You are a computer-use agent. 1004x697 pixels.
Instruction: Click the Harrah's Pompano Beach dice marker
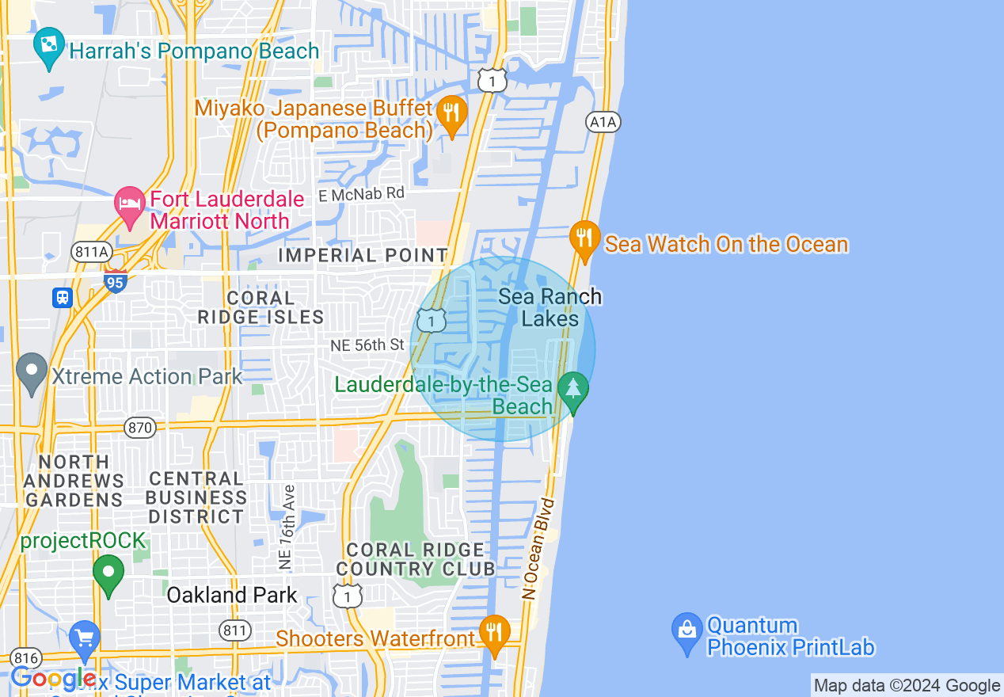pos(49,46)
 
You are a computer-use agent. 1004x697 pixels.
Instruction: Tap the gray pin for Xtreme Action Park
pos(32,371)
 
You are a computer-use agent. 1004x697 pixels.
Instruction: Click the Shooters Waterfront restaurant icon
pos(495,633)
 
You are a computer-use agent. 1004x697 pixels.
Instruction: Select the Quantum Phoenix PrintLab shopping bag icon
pos(686,631)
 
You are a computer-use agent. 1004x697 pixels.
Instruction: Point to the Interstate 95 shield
pos(116,280)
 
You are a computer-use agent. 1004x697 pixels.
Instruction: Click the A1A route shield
pos(603,122)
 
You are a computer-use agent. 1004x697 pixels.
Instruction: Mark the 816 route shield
pos(27,658)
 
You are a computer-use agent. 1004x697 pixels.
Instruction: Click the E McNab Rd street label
pos(361,193)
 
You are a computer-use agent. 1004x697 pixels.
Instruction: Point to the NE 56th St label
pos(367,345)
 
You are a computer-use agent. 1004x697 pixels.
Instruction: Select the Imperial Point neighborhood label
pos(363,256)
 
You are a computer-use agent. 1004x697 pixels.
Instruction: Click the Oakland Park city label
pos(232,596)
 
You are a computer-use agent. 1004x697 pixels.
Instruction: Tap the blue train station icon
pos(63,298)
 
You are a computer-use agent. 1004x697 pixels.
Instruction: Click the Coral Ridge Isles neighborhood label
pos(261,308)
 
